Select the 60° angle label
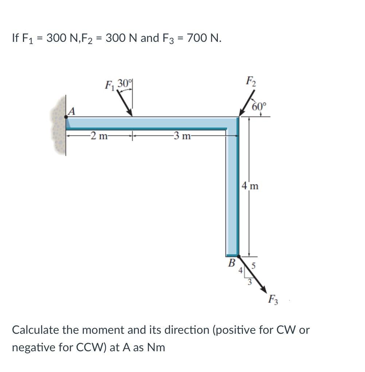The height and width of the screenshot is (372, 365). [x=259, y=106]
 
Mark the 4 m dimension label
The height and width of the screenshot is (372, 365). [x=250, y=186]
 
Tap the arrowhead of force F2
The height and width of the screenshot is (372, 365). [x=241, y=114]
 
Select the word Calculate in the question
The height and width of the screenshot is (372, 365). [x=35, y=330]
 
